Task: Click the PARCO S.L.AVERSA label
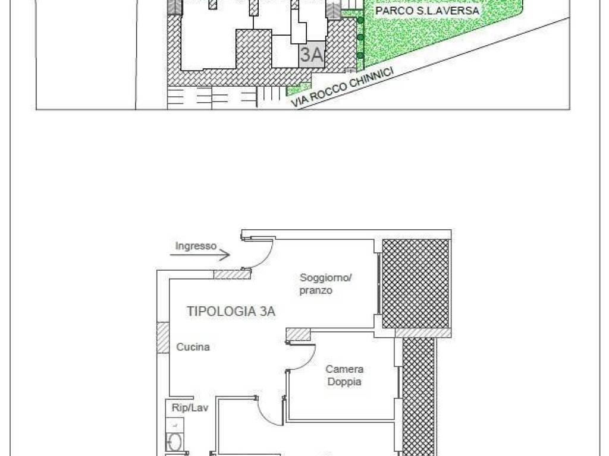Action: (x=427, y=11)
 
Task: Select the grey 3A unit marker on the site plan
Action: (x=312, y=54)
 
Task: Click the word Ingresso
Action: (x=196, y=246)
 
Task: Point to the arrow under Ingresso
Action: (x=200, y=255)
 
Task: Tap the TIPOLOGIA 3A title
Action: (x=231, y=311)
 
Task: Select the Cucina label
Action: (x=193, y=347)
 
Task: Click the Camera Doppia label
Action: (x=344, y=375)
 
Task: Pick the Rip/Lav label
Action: (x=190, y=407)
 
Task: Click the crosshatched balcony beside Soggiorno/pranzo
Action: (x=416, y=284)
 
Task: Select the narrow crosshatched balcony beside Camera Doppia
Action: (x=419, y=395)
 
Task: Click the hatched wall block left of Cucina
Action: (x=163, y=338)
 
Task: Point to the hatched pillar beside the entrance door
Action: (x=232, y=274)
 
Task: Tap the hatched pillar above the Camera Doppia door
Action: (x=299, y=334)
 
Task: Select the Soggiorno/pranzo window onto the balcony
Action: (x=379, y=284)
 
